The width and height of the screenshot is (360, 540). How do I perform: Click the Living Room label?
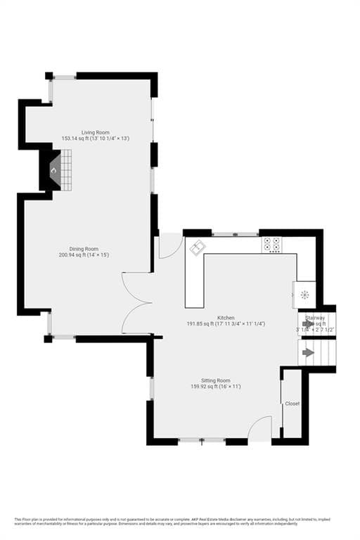95,132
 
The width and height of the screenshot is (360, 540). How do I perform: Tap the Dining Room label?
89,247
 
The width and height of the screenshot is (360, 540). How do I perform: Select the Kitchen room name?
226,317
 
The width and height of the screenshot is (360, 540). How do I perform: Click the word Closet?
292,404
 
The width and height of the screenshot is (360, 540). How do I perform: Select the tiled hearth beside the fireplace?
66,170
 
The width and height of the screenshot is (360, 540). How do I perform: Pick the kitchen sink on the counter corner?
198,246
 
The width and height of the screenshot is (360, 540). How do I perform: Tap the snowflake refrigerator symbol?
304,295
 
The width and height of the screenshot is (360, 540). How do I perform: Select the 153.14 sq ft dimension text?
95,139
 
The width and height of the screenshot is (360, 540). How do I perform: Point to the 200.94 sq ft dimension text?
89,254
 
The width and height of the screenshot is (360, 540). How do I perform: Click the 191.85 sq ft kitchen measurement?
226,323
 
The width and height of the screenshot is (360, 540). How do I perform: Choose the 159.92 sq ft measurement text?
216,387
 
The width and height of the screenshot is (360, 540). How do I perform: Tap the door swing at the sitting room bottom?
261,428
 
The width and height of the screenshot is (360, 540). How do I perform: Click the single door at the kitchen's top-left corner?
169,245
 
